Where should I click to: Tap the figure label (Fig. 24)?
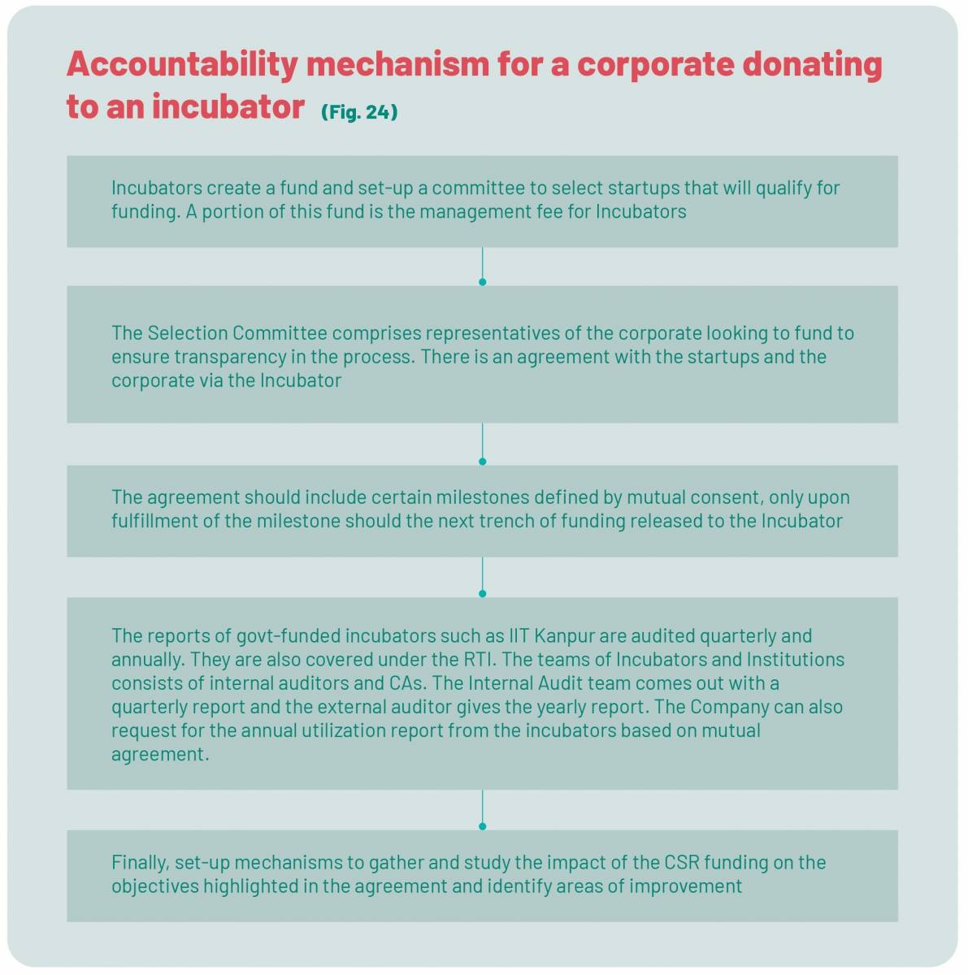point(359,112)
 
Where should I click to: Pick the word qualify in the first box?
point(783,188)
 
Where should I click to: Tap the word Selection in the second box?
point(187,333)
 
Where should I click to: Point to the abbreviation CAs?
point(406,683)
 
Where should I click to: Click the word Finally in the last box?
point(141,862)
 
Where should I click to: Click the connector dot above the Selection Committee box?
point(482,282)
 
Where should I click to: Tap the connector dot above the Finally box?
point(482,826)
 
